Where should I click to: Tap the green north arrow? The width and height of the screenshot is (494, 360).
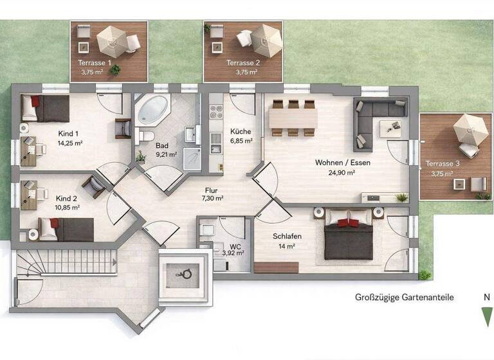tap(486, 317)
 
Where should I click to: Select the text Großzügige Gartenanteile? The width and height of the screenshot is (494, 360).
tap(405, 297)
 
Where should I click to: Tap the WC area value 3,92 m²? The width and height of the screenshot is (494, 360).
tap(233, 253)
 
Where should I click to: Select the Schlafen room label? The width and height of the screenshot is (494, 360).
tap(287, 237)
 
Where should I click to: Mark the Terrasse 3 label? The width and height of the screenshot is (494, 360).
tap(438, 164)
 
